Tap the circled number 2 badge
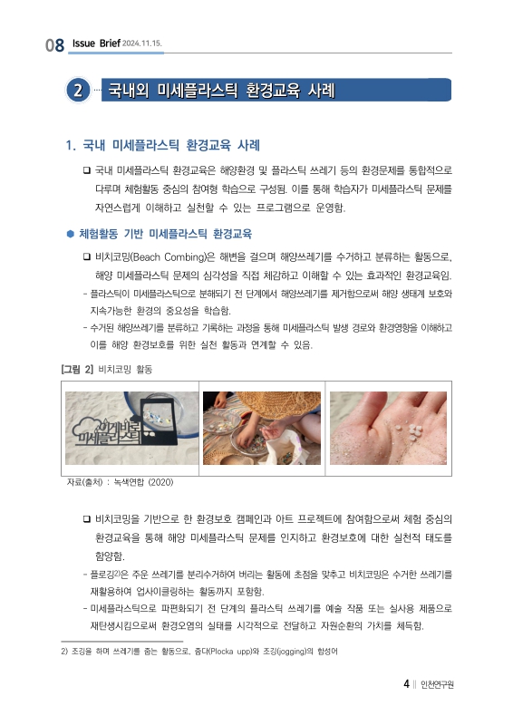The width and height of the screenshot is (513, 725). (79, 91)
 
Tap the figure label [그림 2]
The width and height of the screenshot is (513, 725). (77, 370)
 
